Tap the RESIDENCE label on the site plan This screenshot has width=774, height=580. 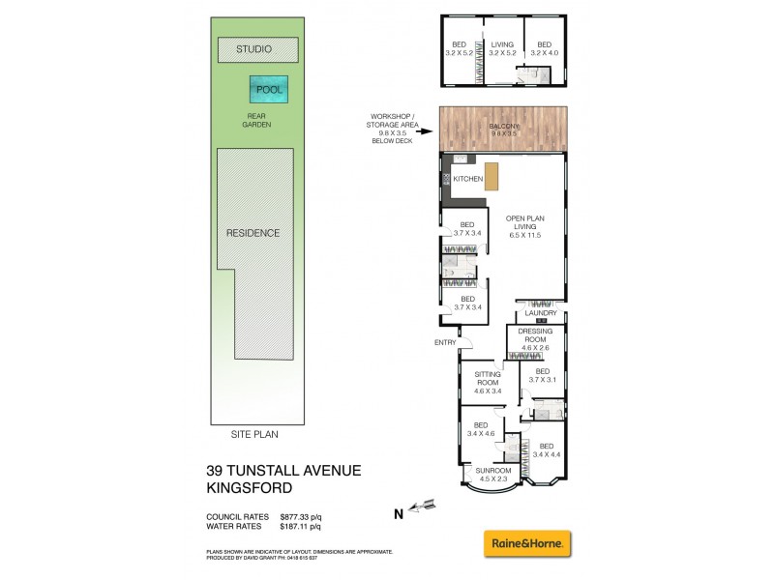pyautogui.click(x=253, y=233)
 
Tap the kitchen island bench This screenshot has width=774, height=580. pyautogui.click(x=492, y=178)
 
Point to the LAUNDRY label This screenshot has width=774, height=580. pyautogui.click(x=540, y=313)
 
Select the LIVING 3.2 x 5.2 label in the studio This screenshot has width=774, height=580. pyautogui.click(x=502, y=48)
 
